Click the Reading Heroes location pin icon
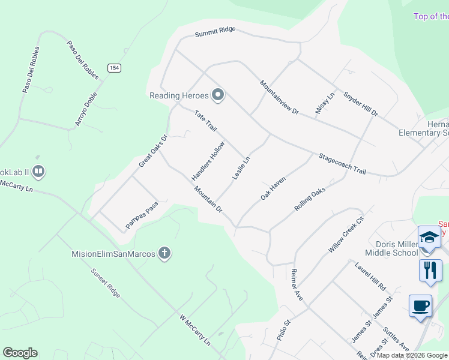click(x=218, y=95)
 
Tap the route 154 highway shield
click(x=114, y=68)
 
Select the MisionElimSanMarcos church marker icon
click(x=164, y=254)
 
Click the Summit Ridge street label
click(x=215, y=32)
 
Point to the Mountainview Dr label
click(x=279, y=97)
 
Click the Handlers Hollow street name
click(x=208, y=161)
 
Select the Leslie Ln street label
click(x=241, y=168)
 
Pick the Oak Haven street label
click(x=273, y=188)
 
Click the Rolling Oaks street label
click(x=310, y=199)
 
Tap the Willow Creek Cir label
click(x=346, y=234)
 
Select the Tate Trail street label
click(x=205, y=120)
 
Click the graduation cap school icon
click(x=430, y=236)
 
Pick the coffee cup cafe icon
click(x=420, y=305)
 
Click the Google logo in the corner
click(x=20, y=353)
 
